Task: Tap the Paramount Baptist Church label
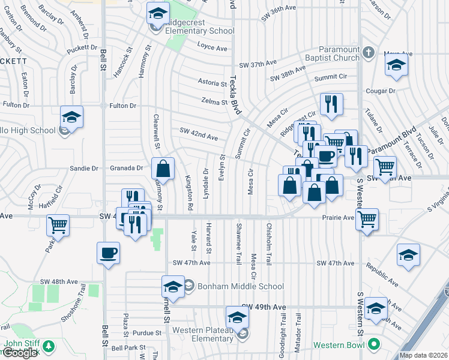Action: [331, 53]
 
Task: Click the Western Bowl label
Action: [339, 345]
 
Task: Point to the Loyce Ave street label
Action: [212, 48]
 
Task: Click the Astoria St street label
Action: [213, 82]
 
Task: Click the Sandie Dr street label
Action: [83, 169]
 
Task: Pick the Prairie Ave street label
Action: [340, 218]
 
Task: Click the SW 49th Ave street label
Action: [271, 307]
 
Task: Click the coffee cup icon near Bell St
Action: [109, 253]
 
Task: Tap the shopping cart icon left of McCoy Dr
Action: [58, 225]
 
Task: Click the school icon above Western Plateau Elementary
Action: [237, 316]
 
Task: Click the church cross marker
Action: [369, 53]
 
